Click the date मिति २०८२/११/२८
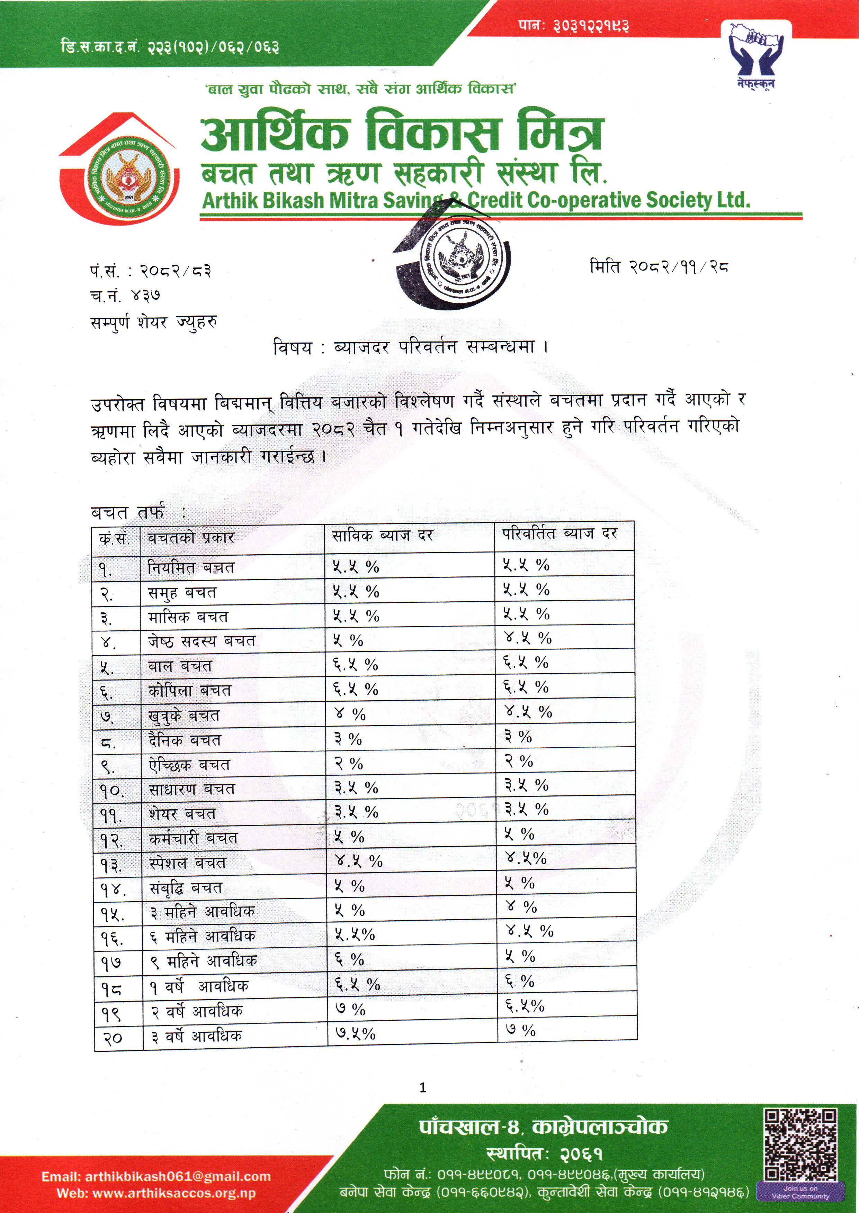coord(659,267)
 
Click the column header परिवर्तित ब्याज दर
coord(560,534)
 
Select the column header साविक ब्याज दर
coord(383,536)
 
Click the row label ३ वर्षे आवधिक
coord(197,1036)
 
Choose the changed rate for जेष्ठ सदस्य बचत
coord(527,638)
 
